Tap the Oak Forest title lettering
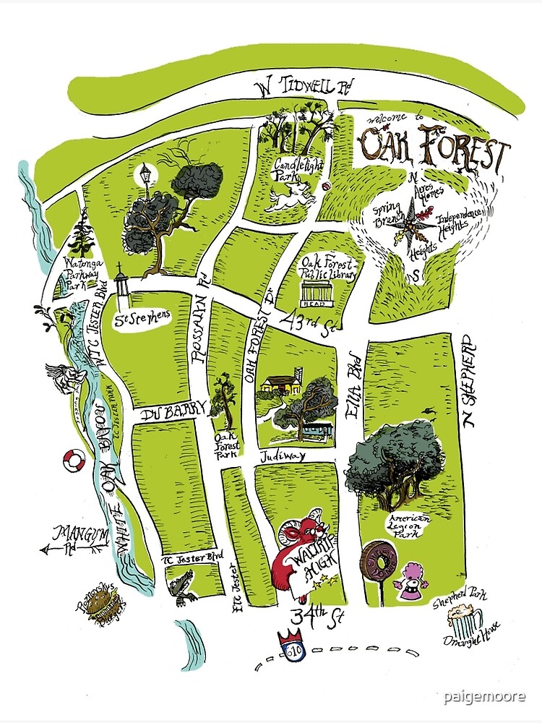click(x=433, y=147)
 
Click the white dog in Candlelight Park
click(x=290, y=196)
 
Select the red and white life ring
click(x=74, y=461)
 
